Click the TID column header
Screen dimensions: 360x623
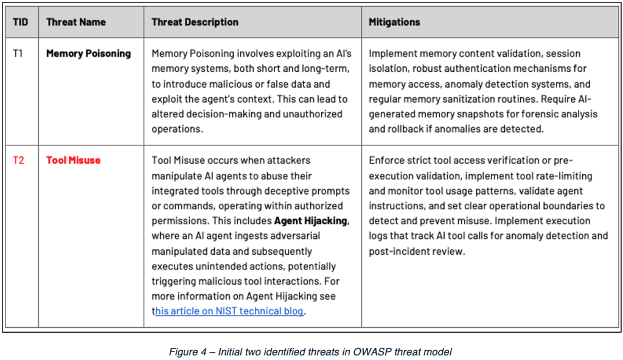[x=20, y=22]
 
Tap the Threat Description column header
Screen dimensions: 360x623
[x=195, y=22]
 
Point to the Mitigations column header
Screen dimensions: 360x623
[x=394, y=22]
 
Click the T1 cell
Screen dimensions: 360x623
[x=18, y=54]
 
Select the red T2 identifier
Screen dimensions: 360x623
[x=18, y=161]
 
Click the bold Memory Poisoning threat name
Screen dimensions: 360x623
[x=88, y=54]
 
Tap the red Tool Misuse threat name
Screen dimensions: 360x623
[x=73, y=161]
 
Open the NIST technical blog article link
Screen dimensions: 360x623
[x=230, y=311]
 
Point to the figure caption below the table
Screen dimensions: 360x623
[x=311, y=351]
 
